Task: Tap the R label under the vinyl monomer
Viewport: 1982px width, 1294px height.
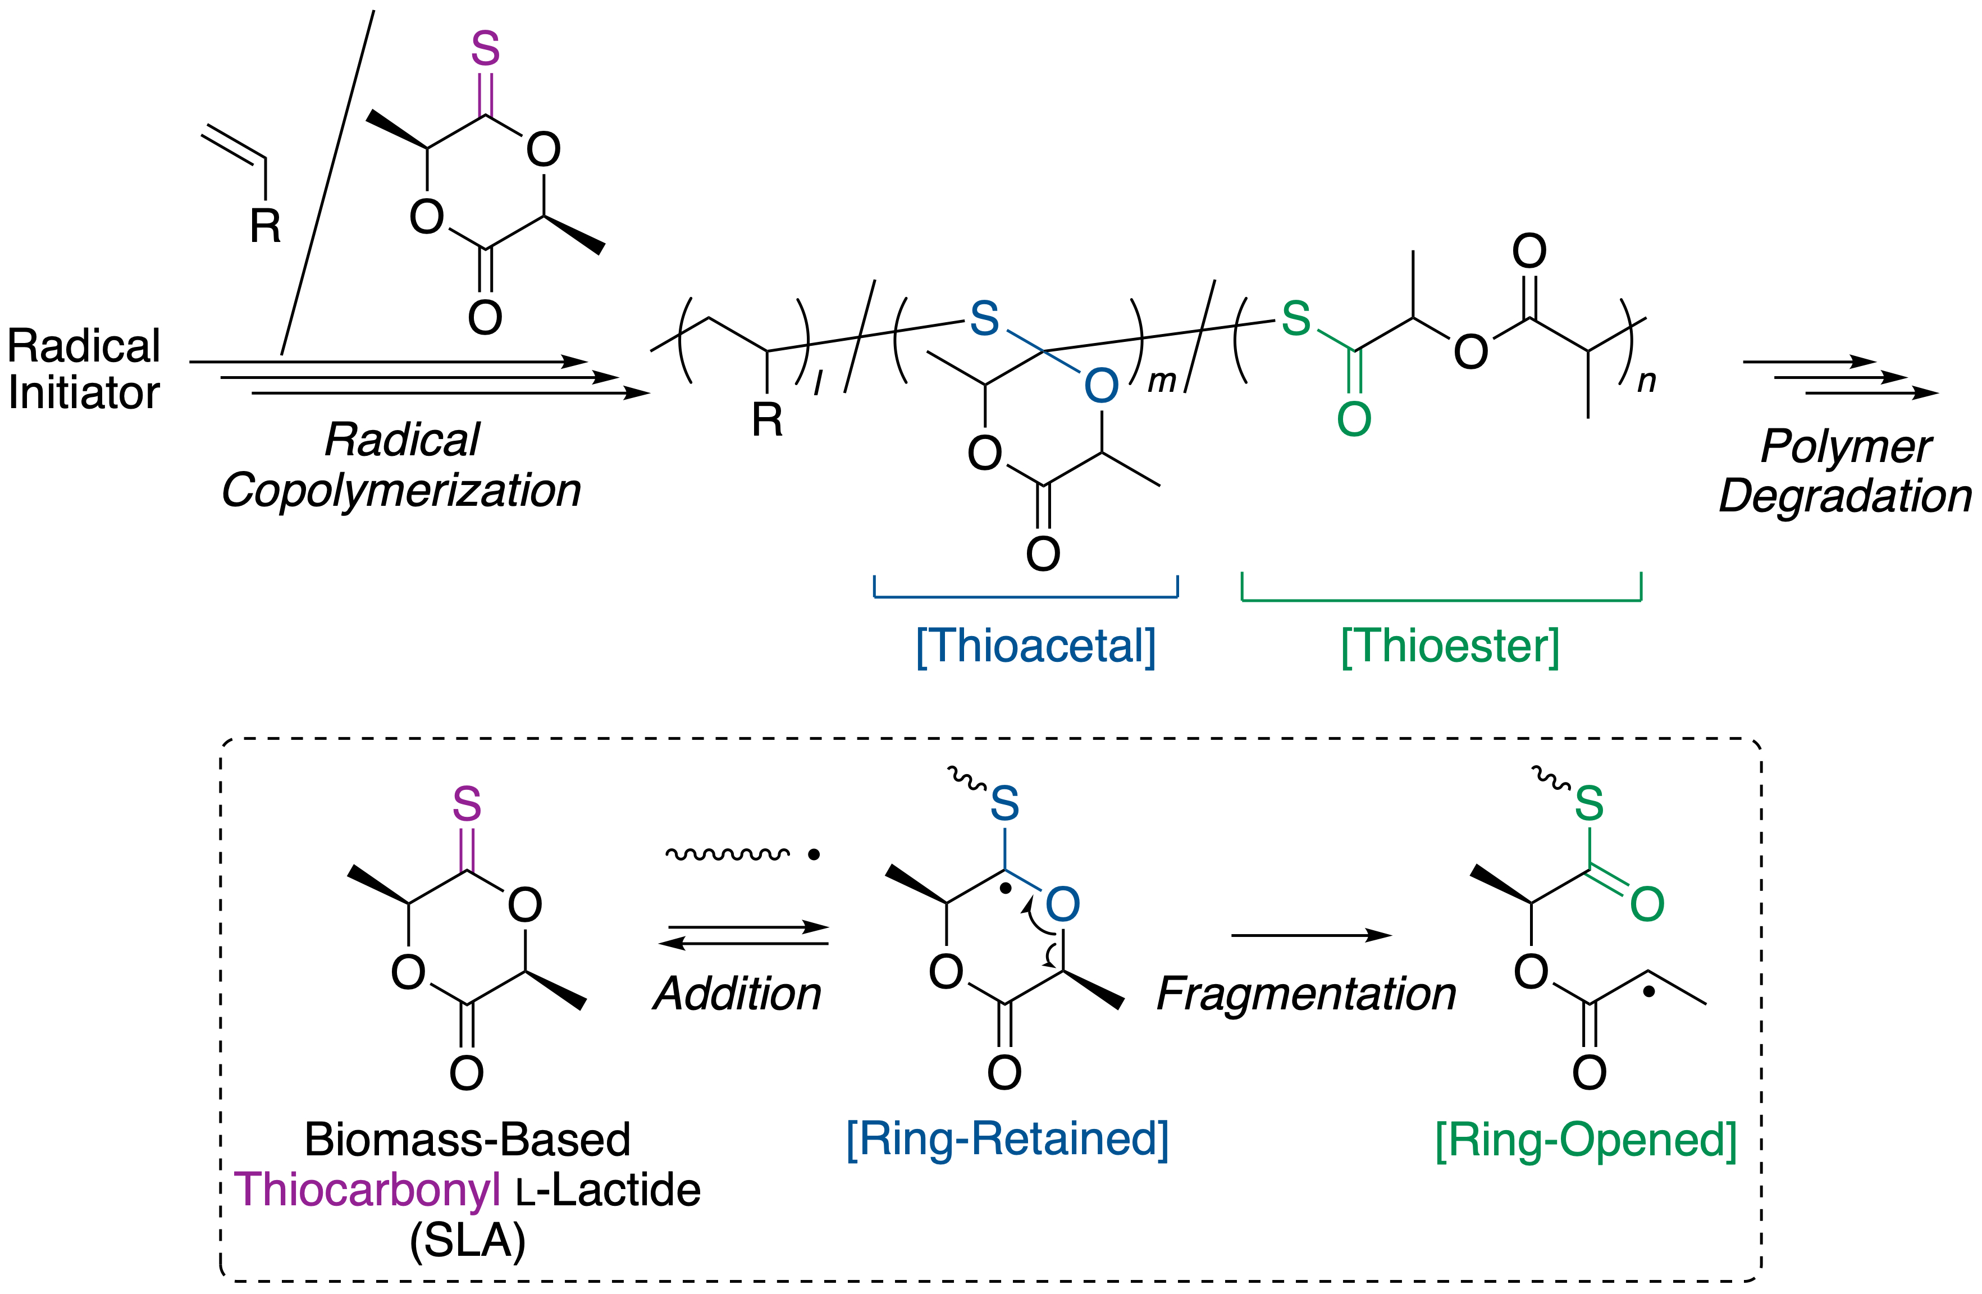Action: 266,226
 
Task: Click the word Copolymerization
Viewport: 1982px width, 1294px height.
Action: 401,490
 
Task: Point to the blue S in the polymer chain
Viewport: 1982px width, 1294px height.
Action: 984,318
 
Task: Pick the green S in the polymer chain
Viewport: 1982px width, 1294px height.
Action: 1296,318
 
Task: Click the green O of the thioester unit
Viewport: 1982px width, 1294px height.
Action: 1354,419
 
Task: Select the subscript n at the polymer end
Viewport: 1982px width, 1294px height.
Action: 1646,381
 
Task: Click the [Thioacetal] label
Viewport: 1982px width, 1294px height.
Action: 1036,646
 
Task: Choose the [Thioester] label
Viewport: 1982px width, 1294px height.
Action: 1450,646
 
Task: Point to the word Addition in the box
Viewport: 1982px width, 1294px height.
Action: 738,994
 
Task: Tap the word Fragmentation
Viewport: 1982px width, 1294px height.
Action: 1307,994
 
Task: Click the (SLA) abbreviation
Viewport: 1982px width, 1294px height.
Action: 467,1241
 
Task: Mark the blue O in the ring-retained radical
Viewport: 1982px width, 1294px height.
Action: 1063,904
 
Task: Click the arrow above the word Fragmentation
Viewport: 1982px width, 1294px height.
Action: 1311,936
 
